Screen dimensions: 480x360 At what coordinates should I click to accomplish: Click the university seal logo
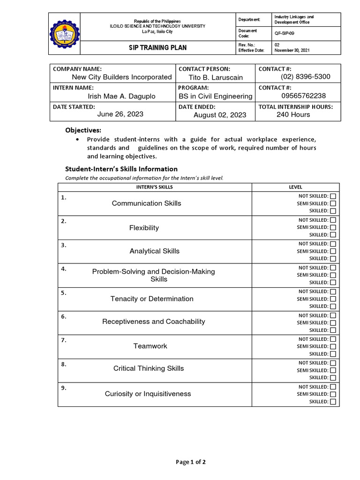tap(64, 34)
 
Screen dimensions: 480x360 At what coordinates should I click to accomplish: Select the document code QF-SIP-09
tap(285, 34)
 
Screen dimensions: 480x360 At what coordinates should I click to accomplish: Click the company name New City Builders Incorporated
tap(121, 77)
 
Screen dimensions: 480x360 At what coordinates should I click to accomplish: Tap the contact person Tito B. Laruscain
tap(216, 77)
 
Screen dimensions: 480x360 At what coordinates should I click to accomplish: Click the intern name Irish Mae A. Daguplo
tap(121, 96)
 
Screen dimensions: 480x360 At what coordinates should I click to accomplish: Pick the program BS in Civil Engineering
tap(216, 96)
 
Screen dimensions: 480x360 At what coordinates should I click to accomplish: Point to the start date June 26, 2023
tap(120, 114)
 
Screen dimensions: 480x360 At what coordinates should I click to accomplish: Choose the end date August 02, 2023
tap(220, 115)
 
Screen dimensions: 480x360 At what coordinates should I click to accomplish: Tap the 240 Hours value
tap(293, 114)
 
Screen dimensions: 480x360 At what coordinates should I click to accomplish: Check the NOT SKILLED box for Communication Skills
tap(333, 196)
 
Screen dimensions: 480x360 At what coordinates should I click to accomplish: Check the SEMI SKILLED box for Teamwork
tap(333, 346)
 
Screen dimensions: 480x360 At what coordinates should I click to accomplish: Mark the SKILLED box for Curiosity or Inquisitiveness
tap(333, 402)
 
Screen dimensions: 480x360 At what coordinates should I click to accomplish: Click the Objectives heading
tap(83, 130)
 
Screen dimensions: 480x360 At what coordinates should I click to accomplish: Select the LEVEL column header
tap(295, 187)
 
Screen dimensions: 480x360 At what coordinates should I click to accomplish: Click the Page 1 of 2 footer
tap(190, 462)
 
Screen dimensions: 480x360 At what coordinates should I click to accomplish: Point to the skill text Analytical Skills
tap(154, 251)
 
